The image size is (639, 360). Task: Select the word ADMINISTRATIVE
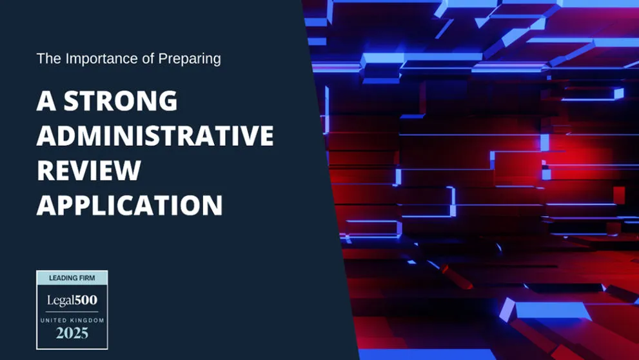coord(155,136)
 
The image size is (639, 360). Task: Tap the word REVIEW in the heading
coord(88,171)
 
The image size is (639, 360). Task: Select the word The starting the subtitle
coord(48,59)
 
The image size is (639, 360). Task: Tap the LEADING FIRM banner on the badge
coord(72,278)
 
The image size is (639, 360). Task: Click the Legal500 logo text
coord(72,300)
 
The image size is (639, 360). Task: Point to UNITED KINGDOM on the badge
coord(72,320)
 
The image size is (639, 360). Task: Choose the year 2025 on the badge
coord(72,334)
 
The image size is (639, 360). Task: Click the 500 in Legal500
coord(84,300)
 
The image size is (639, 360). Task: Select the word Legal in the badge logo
coord(59,300)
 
